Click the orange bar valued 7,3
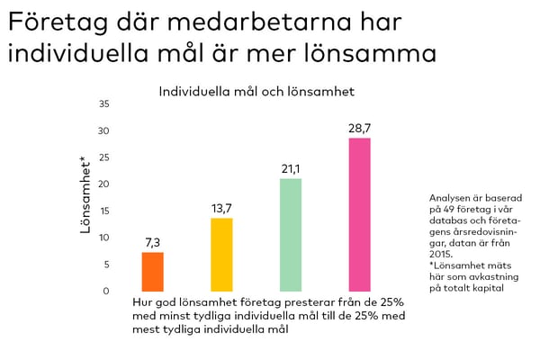coord(152,272)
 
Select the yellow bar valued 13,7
coord(221,255)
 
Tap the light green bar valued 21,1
coord(291,235)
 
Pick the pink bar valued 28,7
coord(359,214)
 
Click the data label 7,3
coord(152,243)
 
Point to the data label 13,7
coord(221,209)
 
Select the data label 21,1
coord(291,169)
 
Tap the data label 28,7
coord(359,129)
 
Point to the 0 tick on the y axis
coord(105,291)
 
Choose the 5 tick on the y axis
coord(105,265)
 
